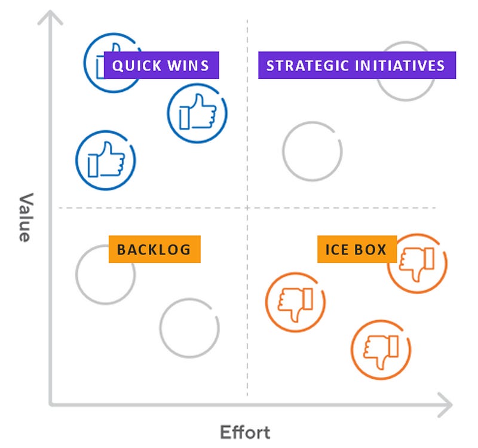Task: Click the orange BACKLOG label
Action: click(154, 249)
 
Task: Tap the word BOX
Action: click(372, 249)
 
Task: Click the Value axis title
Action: click(23, 217)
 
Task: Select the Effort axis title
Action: click(245, 432)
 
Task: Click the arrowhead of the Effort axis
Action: click(446, 404)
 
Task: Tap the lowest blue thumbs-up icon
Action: click(106, 160)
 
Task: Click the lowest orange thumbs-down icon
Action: click(381, 350)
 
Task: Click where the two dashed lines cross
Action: click(247, 208)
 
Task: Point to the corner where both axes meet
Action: click(51, 404)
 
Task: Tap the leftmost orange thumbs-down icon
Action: click(295, 302)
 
